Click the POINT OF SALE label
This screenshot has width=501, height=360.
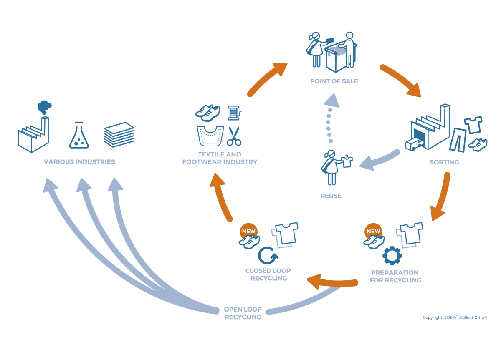(334, 81)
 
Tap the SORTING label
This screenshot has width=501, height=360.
(444, 162)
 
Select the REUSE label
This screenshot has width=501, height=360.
(331, 196)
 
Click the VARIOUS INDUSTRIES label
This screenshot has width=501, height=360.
(79, 162)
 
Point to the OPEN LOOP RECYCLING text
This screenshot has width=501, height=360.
(243, 313)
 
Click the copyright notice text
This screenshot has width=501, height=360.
(455, 317)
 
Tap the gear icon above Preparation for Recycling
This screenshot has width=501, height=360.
(392, 256)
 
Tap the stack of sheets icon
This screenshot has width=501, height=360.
(119, 134)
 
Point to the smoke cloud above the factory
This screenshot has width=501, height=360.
(44, 107)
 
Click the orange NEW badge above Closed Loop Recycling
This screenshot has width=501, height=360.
(248, 232)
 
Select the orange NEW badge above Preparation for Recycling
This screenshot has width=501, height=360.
(373, 232)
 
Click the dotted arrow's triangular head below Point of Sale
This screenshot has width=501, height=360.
(331, 101)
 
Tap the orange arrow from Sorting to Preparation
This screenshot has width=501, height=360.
(442, 196)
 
